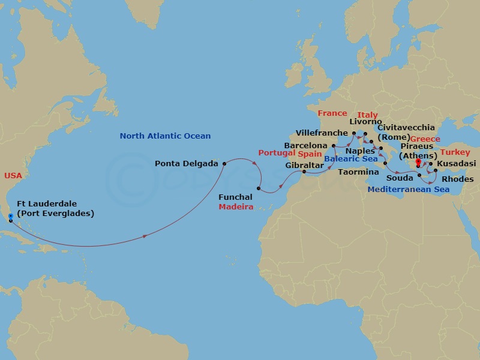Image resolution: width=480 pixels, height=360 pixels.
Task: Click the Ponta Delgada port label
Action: tap(186, 163)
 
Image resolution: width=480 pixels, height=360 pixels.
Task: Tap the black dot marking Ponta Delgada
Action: tap(224, 163)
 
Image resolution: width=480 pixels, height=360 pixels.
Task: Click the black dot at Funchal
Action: tap(259, 189)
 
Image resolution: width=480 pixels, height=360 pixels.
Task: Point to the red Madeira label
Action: tap(235, 206)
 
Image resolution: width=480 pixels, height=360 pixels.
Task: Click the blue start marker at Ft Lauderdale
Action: tap(11, 217)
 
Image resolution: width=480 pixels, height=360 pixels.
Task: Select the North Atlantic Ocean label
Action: tap(165, 136)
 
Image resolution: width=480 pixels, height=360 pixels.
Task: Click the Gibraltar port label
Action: tap(304, 165)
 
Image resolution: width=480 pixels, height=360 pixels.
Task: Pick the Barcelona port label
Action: tap(305, 146)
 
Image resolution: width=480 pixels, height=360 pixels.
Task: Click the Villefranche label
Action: tap(322, 133)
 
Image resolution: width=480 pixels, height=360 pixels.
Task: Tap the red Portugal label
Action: tap(277, 153)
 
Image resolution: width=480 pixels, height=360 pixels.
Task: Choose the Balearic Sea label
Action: tap(352, 159)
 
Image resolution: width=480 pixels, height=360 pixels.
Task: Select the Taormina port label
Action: tap(358, 172)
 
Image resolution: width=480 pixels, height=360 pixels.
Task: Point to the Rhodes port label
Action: tap(457, 179)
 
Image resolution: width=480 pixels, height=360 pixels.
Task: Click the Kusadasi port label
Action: tap(457, 163)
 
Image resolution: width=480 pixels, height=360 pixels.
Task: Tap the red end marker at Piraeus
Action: tap(418, 161)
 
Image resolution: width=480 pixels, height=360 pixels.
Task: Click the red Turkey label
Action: tap(455, 152)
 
